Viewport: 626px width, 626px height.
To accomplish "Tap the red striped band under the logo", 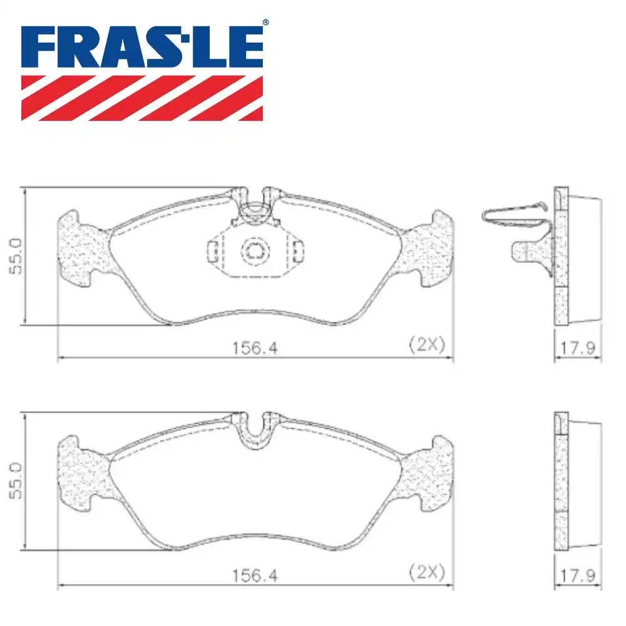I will (x=142, y=98).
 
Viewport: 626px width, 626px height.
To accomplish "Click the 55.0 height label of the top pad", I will (x=16, y=256).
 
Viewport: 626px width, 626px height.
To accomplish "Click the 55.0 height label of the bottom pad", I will (x=16, y=481).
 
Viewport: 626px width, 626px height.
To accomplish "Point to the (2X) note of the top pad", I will (x=426, y=344).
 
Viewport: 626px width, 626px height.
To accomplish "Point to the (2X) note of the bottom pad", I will (x=426, y=571).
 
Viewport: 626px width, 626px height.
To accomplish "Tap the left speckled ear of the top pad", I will (x=81, y=250).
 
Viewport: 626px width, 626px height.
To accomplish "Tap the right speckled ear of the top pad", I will (x=429, y=250).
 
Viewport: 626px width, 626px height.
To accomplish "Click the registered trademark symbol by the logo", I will (x=265, y=23).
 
